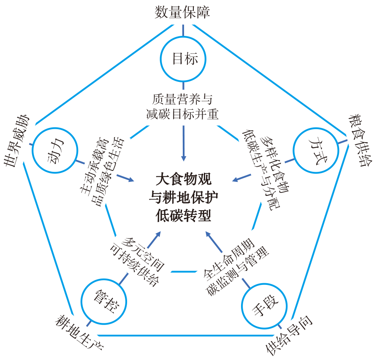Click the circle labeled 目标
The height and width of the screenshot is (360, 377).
coord(183,59)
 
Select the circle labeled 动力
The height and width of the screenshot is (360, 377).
coord(56,150)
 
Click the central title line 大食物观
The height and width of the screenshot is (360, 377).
coord(183,179)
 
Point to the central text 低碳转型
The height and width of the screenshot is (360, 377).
coord(183,216)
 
